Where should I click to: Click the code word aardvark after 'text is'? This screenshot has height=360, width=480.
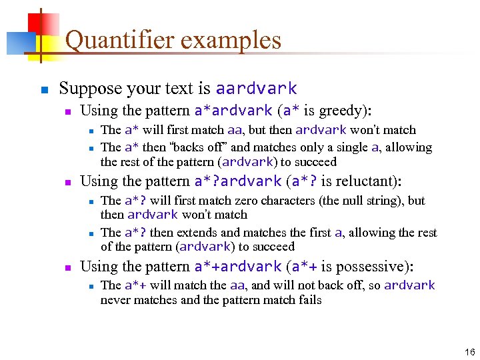pyautogui.click(x=256, y=89)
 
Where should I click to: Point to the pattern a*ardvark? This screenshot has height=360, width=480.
pyautogui.click(x=233, y=110)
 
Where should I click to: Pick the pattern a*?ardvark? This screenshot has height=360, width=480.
pyautogui.click(x=237, y=181)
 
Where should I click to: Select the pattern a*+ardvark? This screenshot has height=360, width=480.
pyautogui.click(x=237, y=267)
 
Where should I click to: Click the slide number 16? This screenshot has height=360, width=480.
pyautogui.click(x=470, y=352)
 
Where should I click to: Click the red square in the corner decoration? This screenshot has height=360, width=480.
pyautogui.click(x=45, y=25)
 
